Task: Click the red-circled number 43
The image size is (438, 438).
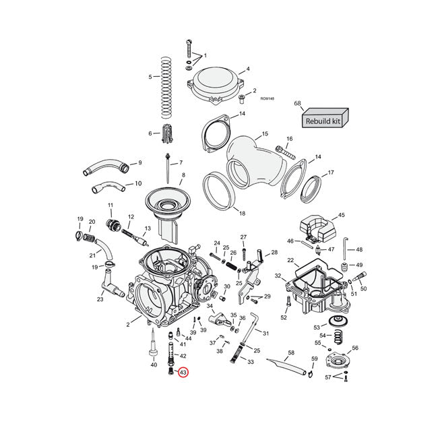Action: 183,372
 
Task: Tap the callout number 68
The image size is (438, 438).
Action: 297,103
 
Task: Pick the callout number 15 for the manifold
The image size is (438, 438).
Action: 265,134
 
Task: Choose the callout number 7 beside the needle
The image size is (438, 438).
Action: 181,164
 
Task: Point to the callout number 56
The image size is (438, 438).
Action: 355,348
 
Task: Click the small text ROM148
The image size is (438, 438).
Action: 267,99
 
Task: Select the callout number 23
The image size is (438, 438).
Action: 100,299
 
